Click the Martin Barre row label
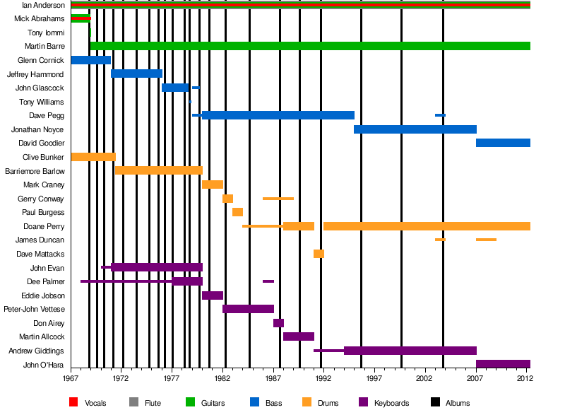point(45,46)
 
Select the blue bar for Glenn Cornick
point(90,60)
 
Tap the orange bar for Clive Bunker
point(93,157)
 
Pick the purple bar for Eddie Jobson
point(213,295)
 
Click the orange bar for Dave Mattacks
point(319,254)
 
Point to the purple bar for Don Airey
point(278,323)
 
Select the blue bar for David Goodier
point(503,143)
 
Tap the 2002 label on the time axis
point(426,379)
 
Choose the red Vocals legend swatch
point(73,403)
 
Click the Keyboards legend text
point(392,403)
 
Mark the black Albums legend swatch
point(435,403)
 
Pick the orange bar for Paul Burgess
point(237,212)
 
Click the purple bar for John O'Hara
point(503,364)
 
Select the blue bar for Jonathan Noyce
point(415,129)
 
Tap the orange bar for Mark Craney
point(212,184)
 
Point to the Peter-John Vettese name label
point(35,309)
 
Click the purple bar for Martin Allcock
point(299,336)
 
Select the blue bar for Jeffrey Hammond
point(136,74)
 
